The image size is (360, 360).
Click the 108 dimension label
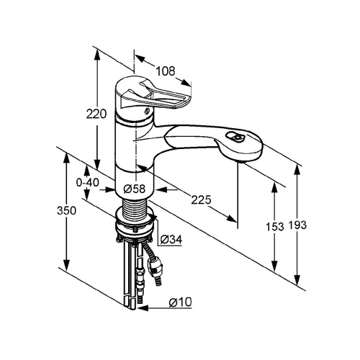[x=166, y=71]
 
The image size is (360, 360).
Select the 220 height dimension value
[x=96, y=114]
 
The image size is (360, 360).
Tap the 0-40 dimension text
[x=87, y=183]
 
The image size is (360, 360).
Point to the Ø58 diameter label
[x=135, y=189]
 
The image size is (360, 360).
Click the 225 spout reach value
[x=201, y=199]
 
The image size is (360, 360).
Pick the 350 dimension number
[x=66, y=210]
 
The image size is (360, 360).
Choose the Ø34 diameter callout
[x=171, y=239]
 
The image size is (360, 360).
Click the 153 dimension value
[x=275, y=226]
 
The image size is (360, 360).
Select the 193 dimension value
[x=297, y=225]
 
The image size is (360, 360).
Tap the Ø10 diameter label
[x=180, y=302]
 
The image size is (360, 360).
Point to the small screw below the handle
[x=147, y=111]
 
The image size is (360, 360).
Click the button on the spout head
[x=236, y=138]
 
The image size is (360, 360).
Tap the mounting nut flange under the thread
[x=135, y=225]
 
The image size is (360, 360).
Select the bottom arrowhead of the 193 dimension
[x=297, y=279]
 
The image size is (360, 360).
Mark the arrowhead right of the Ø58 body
[x=161, y=189]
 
